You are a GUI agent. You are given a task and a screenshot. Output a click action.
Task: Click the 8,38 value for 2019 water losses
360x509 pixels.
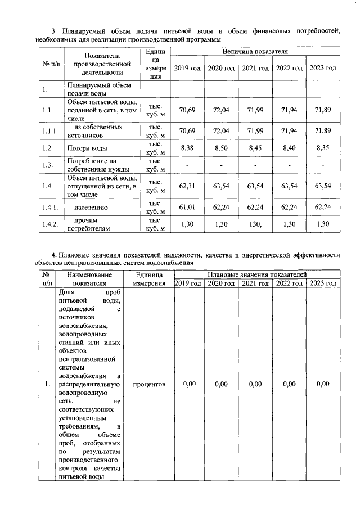(x=187, y=148)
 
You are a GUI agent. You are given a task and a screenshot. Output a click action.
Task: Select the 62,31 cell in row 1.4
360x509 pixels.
(x=187, y=184)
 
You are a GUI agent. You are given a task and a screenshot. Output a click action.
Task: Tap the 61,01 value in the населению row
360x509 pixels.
(x=187, y=207)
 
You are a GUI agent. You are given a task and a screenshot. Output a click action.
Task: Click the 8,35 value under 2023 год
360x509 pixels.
(x=323, y=148)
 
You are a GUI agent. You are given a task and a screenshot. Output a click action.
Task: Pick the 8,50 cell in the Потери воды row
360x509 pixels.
(x=221, y=148)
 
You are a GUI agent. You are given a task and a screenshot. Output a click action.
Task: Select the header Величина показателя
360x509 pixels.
(x=255, y=51)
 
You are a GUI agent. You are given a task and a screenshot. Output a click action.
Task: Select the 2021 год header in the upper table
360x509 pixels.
(x=255, y=68)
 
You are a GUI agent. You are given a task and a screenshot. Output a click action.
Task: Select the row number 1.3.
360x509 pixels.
(x=47, y=165)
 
